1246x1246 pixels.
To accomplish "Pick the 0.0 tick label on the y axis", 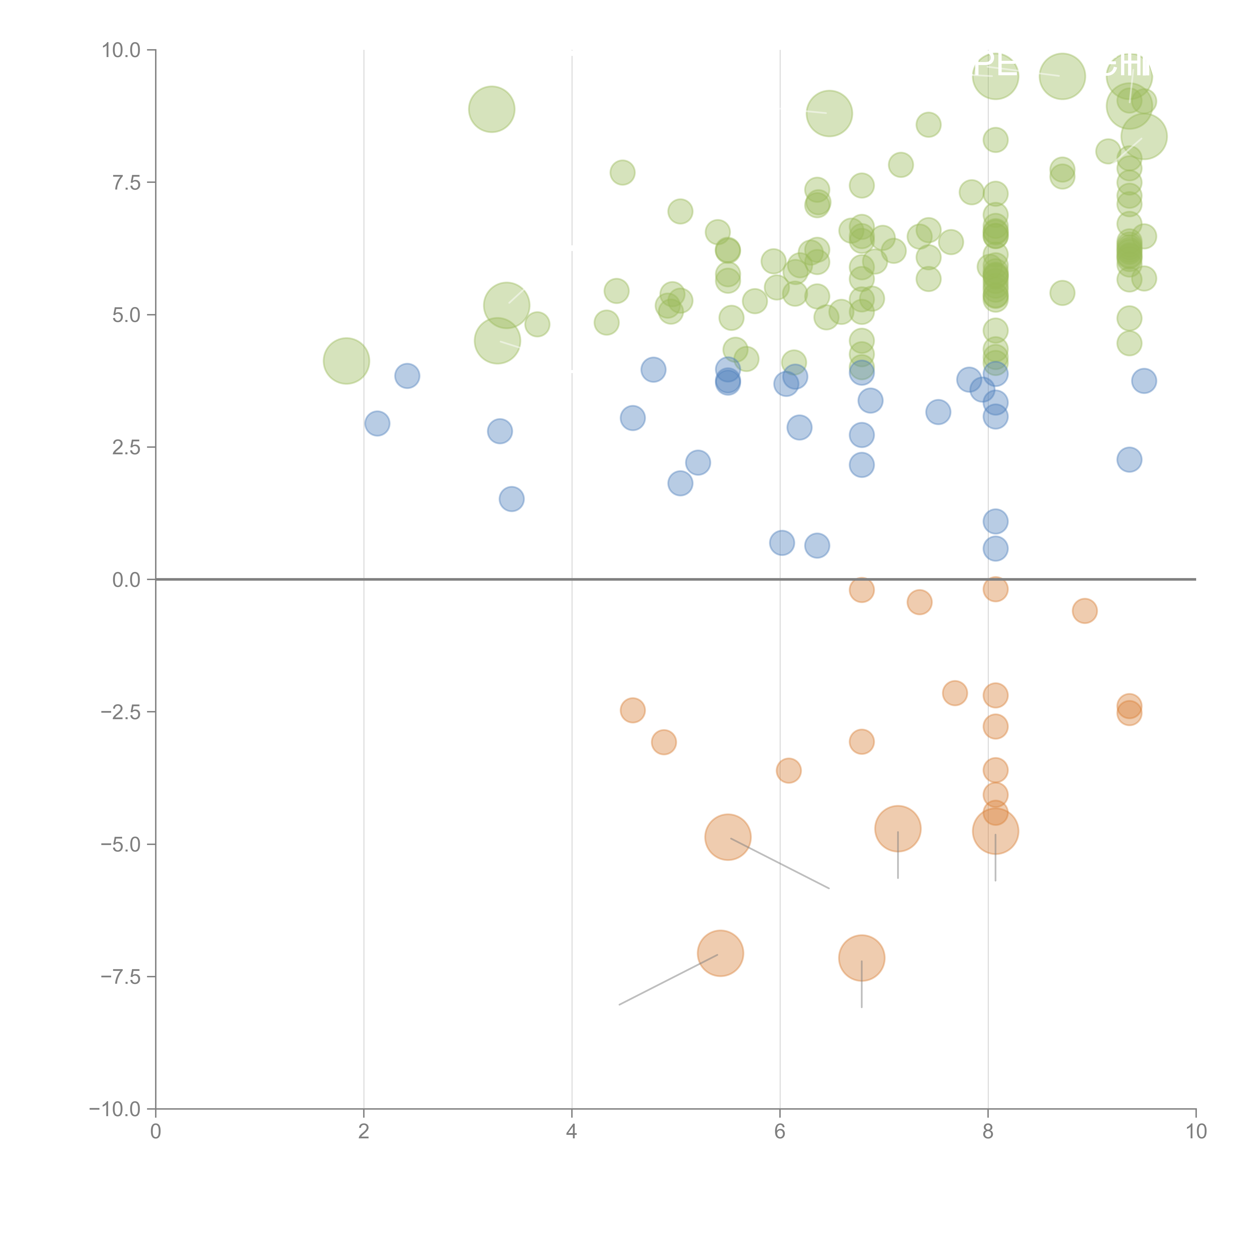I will [x=126, y=580].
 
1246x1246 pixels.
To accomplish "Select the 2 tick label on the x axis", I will [x=364, y=1132].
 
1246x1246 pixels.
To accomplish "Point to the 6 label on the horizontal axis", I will [x=780, y=1132].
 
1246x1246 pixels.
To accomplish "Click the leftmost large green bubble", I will [x=346, y=361].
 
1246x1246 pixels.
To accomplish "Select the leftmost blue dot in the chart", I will [x=377, y=424].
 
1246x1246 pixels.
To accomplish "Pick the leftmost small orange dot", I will [x=633, y=710].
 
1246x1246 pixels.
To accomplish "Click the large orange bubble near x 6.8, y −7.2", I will [x=862, y=958].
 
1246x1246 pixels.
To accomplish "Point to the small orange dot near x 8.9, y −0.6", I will [x=1085, y=611].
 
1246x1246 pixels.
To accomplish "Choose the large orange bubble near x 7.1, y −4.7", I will [x=898, y=829].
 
